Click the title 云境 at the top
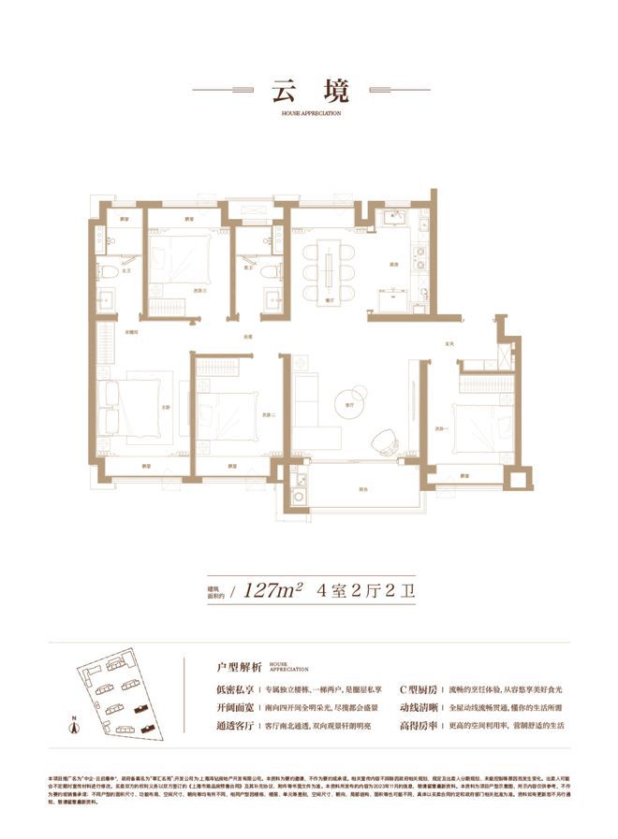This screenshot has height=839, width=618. [309, 92]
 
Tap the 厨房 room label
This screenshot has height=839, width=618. [396, 266]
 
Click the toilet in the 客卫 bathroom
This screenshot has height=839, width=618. [271, 271]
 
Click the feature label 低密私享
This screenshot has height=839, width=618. [233, 688]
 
